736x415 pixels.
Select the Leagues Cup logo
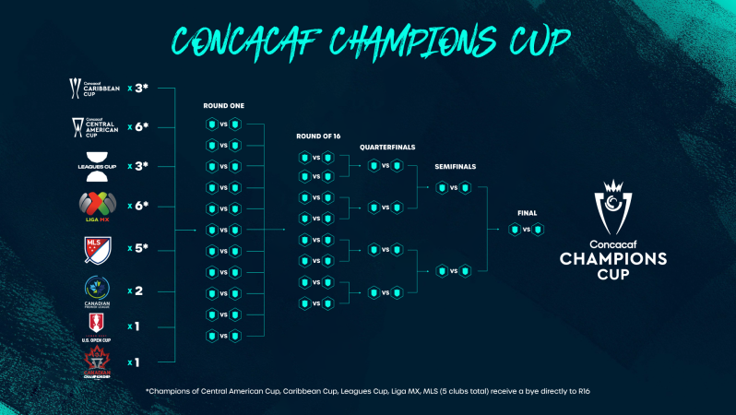click(95, 166)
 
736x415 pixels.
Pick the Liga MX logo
click(95, 206)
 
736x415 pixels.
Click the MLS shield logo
click(95, 249)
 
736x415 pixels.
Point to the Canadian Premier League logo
click(95, 290)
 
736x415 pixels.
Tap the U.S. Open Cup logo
click(95, 326)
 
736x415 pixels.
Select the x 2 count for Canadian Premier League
click(136, 290)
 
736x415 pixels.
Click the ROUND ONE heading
click(223, 106)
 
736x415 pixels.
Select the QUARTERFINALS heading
click(386, 148)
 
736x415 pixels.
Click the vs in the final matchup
click(526, 229)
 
